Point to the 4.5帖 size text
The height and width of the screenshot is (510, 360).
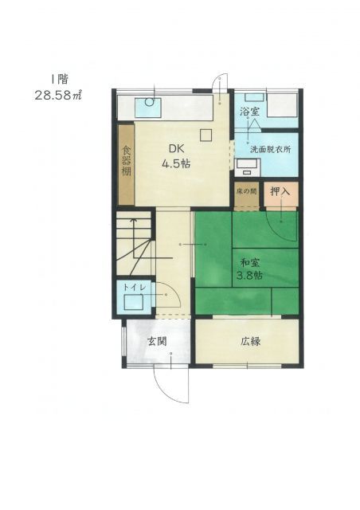tap(175, 163)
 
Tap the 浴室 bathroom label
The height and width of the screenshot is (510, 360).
tap(248, 112)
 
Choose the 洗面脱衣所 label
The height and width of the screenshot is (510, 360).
tap(270, 149)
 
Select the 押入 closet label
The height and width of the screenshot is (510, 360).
tap(280, 191)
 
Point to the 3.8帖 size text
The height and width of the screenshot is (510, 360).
tap(249, 277)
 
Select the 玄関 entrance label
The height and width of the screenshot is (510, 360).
tap(156, 342)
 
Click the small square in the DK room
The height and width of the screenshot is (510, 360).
tap(206, 134)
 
